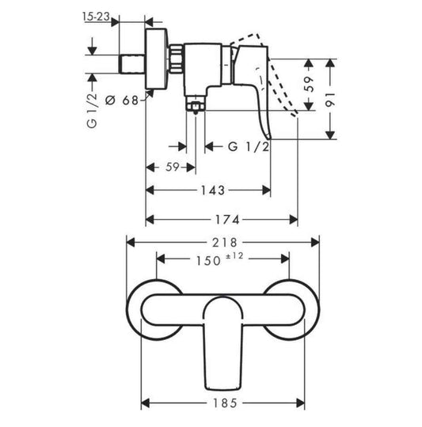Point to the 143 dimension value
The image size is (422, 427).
(x=212, y=191)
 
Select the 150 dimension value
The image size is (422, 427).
(x=205, y=259)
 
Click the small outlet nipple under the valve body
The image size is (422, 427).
(x=193, y=105)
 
